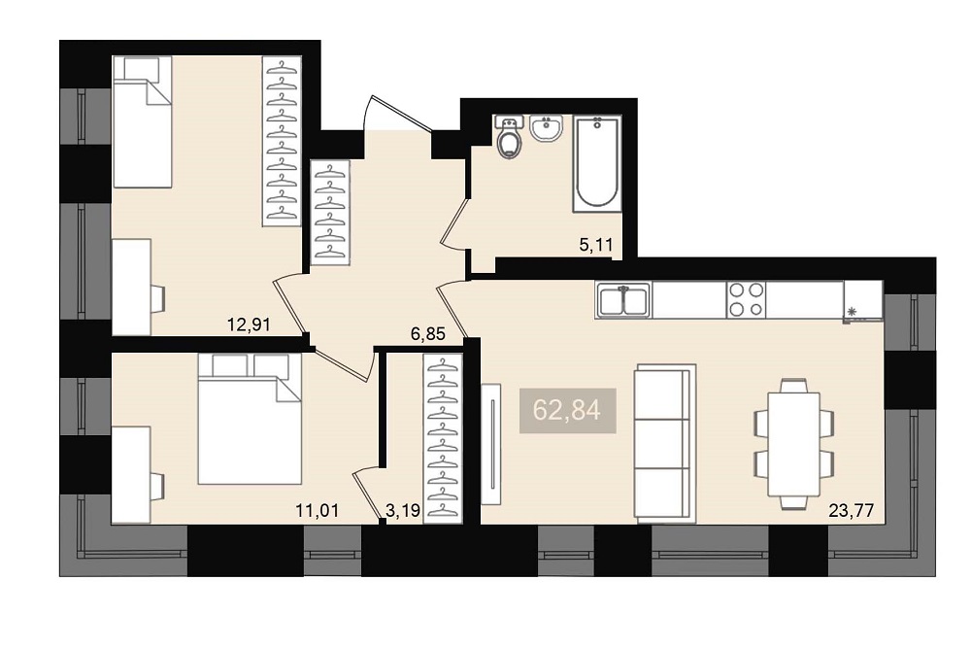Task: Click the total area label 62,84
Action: (567, 410)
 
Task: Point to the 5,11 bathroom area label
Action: (596, 245)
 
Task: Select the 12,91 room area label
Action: (249, 324)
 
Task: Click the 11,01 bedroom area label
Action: (318, 511)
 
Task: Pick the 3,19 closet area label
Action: (403, 511)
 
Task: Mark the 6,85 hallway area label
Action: (428, 334)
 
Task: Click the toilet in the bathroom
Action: (509, 136)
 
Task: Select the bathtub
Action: (597, 163)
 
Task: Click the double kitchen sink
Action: (623, 300)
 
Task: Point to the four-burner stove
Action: (746, 300)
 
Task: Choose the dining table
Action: (793, 444)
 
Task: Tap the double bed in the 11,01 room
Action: (250, 418)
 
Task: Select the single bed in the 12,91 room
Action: (142, 121)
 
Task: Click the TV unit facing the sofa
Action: (490, 445)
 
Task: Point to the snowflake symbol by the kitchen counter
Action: (853, 312)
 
